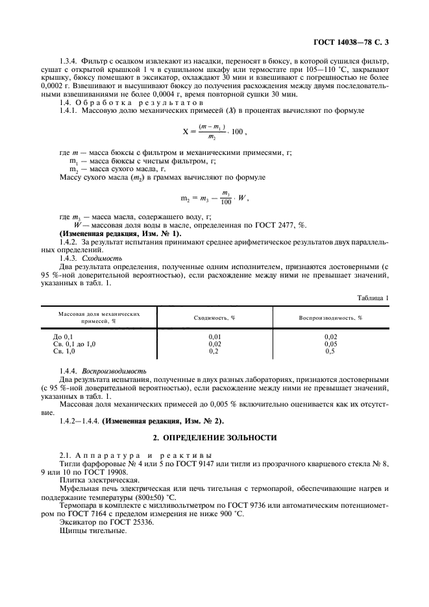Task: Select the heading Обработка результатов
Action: (140, 102)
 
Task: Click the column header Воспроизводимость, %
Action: (330, 318)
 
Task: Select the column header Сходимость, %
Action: (214, 318)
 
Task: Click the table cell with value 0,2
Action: (214, 351)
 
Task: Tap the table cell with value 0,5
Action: (330, 351)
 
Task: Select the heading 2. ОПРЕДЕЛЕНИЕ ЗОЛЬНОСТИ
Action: (214, 438)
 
